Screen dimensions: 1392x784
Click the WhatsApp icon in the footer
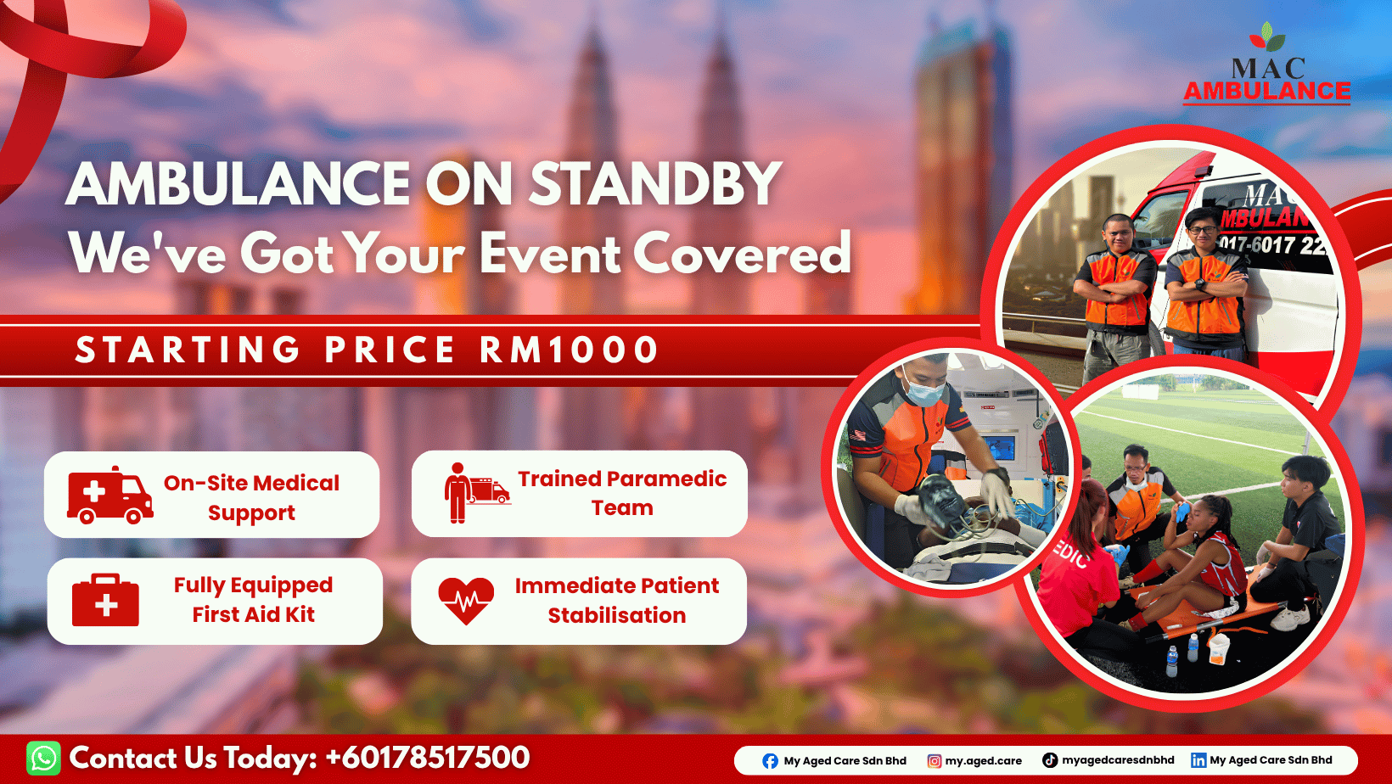pos(43,758)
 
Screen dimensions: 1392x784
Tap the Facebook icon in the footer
pos(770,761)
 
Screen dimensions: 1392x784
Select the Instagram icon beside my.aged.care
pos(934,761)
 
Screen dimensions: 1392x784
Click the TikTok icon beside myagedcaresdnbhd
pos(1050,760)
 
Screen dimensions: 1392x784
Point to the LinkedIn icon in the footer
pos(1198,760)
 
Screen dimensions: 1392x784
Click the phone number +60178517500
pos(428,758)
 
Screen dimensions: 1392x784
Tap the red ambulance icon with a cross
pos(110,496)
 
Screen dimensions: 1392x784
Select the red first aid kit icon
pos(105,600)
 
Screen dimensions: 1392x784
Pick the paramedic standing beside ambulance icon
pos(477,493)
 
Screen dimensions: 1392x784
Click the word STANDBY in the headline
pos(655,184)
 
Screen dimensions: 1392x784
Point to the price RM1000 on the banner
pos(569,350)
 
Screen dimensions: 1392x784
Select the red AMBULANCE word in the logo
pos(1266,92)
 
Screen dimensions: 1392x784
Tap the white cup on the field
pos(1219,648)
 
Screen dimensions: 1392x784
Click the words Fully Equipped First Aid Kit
pos(254,600)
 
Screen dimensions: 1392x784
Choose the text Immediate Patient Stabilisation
pos(617,600)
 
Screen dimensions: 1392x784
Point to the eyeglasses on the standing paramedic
pos(1202,230)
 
